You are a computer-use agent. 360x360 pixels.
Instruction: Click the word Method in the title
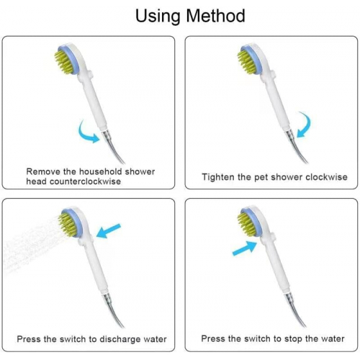215,16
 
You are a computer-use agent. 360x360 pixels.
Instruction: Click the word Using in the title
158,17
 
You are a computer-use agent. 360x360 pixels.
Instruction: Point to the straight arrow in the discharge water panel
109,230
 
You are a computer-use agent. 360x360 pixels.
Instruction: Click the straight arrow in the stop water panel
245,248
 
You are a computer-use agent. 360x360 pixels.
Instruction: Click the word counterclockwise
85,181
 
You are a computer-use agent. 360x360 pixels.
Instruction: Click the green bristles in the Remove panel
63,62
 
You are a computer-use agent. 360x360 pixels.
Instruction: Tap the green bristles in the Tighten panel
246,62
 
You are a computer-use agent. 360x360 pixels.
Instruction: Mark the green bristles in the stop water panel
246,224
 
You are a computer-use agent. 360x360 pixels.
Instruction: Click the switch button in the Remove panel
91,74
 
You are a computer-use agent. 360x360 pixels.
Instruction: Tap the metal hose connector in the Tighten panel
290,135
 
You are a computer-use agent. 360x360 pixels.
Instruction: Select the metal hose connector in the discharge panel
106,298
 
